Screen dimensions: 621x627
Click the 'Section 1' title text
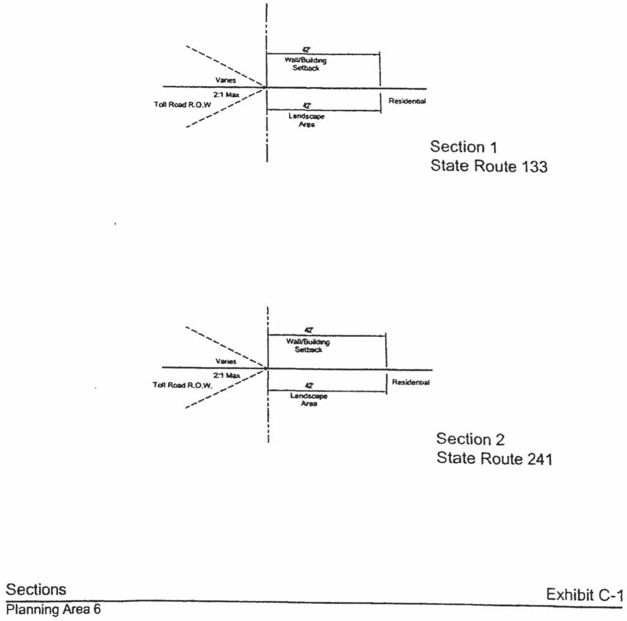[463, 147]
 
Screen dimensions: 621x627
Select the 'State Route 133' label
[489, 166]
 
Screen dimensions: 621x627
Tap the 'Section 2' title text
[470, 439]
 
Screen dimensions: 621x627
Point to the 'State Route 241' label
[494, 458]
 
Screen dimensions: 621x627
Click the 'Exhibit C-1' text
[584, 595]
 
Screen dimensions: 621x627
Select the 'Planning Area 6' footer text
[53, 609]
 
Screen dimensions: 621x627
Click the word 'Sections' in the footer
[36, 590]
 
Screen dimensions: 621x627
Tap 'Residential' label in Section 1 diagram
[407, 101]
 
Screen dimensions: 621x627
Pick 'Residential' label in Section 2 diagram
[411, 382]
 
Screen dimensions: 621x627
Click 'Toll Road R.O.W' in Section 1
[182, 105]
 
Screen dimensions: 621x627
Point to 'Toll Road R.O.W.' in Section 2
[182, 385]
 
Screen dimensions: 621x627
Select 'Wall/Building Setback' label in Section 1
[306, 64]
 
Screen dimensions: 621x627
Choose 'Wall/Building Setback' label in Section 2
[308, 346]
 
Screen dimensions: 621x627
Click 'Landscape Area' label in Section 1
[307, 120]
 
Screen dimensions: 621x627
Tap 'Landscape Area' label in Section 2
[309, 400]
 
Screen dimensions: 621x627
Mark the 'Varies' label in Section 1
[226, 80]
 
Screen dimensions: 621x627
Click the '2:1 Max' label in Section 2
[227, 375]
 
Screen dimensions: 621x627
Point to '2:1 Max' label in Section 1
[226, 95]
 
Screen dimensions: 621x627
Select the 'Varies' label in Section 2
[226, 361]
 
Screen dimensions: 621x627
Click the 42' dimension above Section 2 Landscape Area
[309, 385]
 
